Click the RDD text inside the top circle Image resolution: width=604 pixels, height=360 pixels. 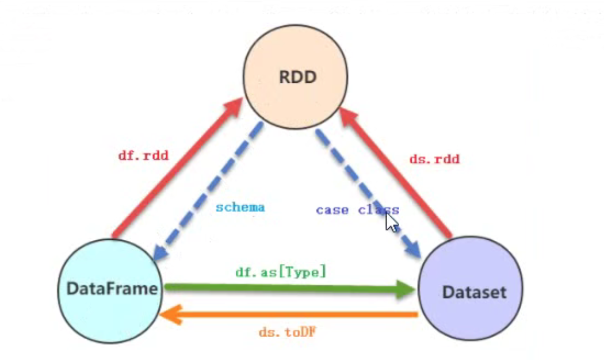tap(298, 77)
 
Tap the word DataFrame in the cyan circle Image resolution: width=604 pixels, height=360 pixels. tap(112, 289)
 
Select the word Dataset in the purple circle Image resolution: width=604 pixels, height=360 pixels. tap(474, 292)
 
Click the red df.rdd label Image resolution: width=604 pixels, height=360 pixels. tap(143, 155)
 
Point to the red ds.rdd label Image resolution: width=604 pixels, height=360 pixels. tap(434, 159)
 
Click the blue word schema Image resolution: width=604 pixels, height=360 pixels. tap(240, 207)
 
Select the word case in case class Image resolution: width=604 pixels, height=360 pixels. tap(332, 210)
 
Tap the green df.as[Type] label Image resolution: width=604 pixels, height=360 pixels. tap(281, 272)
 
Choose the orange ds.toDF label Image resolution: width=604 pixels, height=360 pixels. tap(288, 332)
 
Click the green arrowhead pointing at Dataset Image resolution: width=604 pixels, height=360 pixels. tap(406, 289)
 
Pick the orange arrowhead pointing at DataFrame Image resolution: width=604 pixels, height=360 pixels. tap(171, 315)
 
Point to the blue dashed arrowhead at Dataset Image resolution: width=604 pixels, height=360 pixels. tap(412, 249)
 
